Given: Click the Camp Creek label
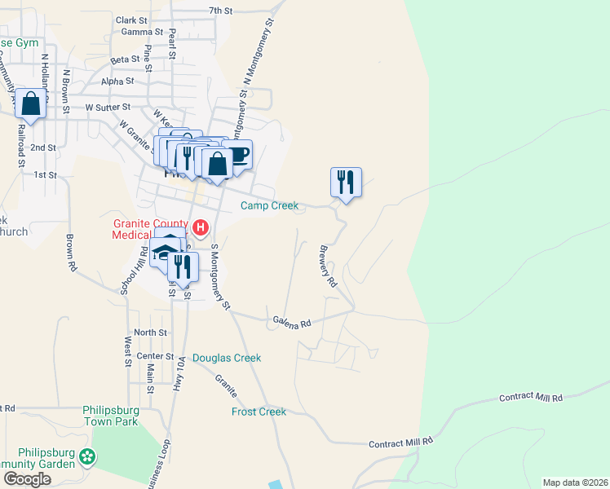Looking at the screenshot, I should (x=270, y=206).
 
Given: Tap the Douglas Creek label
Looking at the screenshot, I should (x=228, y=358).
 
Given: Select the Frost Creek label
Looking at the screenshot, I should (x=259, y=412).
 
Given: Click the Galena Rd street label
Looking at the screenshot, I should (x=292, y=323).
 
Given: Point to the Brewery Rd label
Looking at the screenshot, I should (x=328, y=267).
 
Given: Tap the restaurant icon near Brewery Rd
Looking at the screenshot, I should (x=346, y=182).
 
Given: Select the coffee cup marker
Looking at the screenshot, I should (x=236, y=155).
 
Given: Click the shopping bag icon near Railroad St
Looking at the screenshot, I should (x=31, y=104).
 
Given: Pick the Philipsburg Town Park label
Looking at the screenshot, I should (x=110, y=416).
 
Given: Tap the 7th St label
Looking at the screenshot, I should (x=221, y=11).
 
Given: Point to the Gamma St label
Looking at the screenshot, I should (x=137, y=32).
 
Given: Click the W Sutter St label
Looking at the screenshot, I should (x=108, y=107).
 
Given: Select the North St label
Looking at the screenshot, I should (x=150, y=333).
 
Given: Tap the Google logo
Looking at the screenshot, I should (x=27, y=478).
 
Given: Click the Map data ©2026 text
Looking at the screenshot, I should (x=575, y=482).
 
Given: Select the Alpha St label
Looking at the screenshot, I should (x=117, y=81).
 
